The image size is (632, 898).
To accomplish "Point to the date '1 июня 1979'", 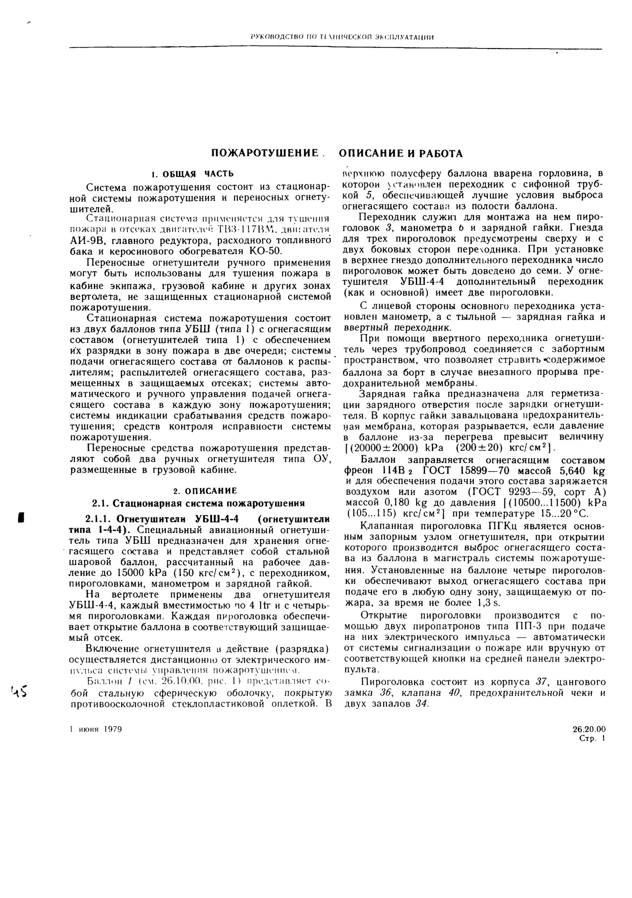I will point(96,729).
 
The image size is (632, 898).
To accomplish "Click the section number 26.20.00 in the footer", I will point(589,729).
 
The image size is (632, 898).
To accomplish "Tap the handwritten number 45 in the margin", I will point(18,692).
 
